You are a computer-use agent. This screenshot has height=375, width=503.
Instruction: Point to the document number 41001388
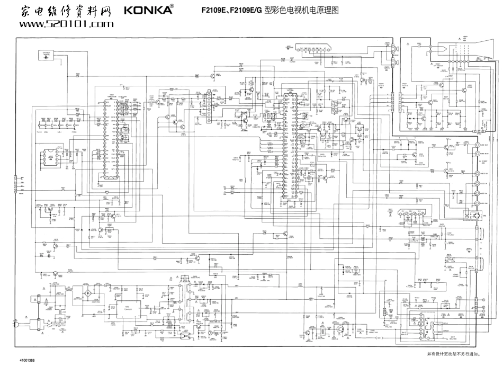click(28, 360)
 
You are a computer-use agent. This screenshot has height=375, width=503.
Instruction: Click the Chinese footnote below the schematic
click(453, 355)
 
